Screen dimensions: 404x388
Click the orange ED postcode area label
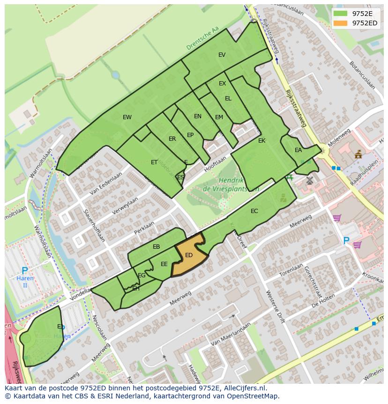(189, 255)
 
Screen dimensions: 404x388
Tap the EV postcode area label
(222, 55)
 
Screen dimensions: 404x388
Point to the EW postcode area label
(127, 117)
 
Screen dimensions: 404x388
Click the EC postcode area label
(254, 211)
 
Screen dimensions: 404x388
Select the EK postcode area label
(261, 141)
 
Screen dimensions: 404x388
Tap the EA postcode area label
(298, 151)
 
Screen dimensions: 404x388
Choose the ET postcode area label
(154, 162)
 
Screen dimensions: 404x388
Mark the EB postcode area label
(157, 247)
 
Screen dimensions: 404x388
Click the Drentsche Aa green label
(202, 38)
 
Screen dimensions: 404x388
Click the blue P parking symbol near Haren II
(25, 270)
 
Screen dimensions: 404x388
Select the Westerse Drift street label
(275, 307)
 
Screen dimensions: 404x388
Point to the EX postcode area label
(222, 84)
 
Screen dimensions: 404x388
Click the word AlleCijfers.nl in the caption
(245, 389)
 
